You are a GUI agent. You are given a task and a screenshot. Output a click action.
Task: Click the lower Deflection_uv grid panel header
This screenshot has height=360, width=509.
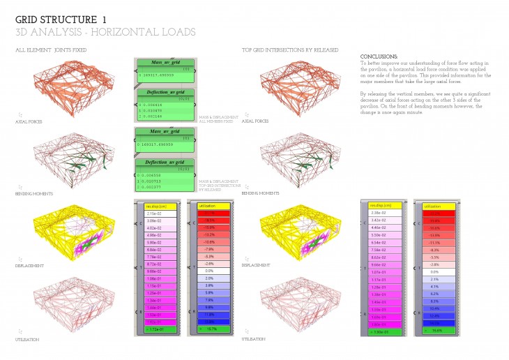click(x=162, y=161)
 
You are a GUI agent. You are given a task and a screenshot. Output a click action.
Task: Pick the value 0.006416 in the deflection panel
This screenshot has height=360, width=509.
click(x=150, y=104)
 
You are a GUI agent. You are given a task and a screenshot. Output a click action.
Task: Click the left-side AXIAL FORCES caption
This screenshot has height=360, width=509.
click(x=29, y=121)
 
